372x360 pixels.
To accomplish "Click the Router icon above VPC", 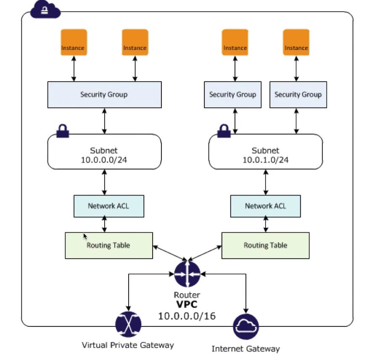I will coord(187,274).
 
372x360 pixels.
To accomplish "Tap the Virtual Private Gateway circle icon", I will coord(128,324).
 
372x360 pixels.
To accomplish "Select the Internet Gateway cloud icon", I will coord(246,326).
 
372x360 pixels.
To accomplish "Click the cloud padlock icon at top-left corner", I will coord(45,10).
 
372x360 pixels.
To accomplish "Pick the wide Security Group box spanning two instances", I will coord(104,95).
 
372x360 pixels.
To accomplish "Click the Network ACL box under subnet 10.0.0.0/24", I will coord(108,206).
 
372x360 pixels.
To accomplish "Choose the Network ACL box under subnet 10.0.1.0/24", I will coord(265,206).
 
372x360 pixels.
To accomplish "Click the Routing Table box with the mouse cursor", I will coord(108,245).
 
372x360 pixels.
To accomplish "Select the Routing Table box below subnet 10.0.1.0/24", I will coord(265,245).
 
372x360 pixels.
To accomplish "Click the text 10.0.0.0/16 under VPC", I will coord(187,315).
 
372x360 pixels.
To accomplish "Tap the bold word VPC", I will coord(187,304).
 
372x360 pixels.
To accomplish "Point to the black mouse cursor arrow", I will coord(85,236).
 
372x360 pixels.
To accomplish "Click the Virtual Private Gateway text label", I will coord(128,345).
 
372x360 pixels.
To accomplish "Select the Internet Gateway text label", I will coord(245,348).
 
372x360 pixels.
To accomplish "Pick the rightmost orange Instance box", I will coord(296,42).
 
